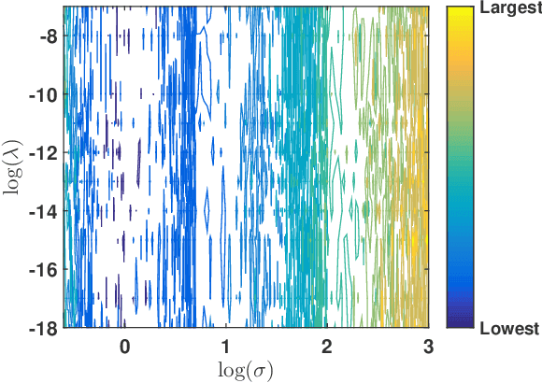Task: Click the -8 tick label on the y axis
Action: [x=46, y=37]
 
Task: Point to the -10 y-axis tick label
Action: [x=42, y=95]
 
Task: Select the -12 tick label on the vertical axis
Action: [x=42, y=153]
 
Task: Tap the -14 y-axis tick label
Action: [x=42, y=212]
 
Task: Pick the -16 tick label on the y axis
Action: [x=42, y=270]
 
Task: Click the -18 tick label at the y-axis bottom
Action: [x=42, y=328]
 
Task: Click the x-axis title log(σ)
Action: [x=245, y=368]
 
